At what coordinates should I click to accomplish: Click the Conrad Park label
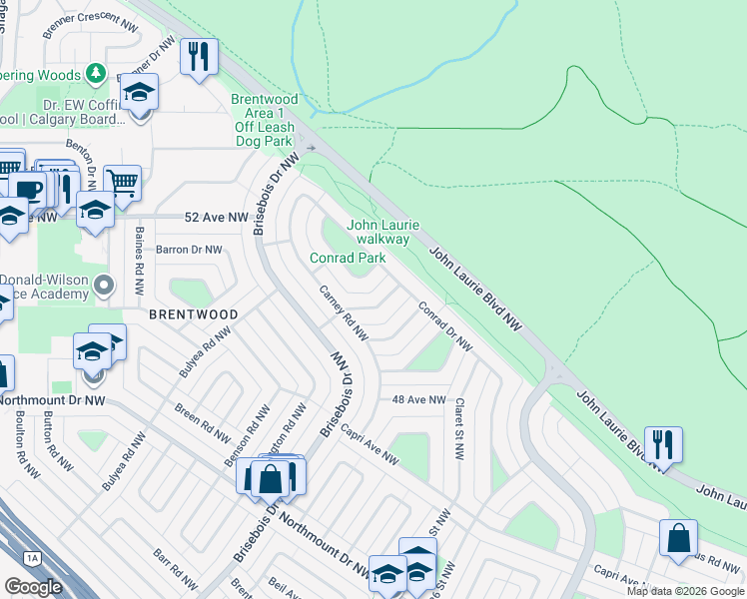tap(347, 258)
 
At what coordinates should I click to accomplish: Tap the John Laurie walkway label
tap(383, 232)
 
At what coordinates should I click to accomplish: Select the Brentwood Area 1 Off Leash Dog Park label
tap(265, 120)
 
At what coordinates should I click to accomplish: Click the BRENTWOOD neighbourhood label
tap(193, 313)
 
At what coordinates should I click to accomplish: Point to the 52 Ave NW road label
tap(217, 217)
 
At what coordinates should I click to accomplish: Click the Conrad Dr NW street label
tap(445, 325)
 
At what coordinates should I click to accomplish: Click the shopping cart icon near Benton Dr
tap(122, 183)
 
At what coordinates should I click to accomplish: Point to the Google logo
tap(34, 587)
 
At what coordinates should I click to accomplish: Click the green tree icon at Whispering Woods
tap(95, 73)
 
